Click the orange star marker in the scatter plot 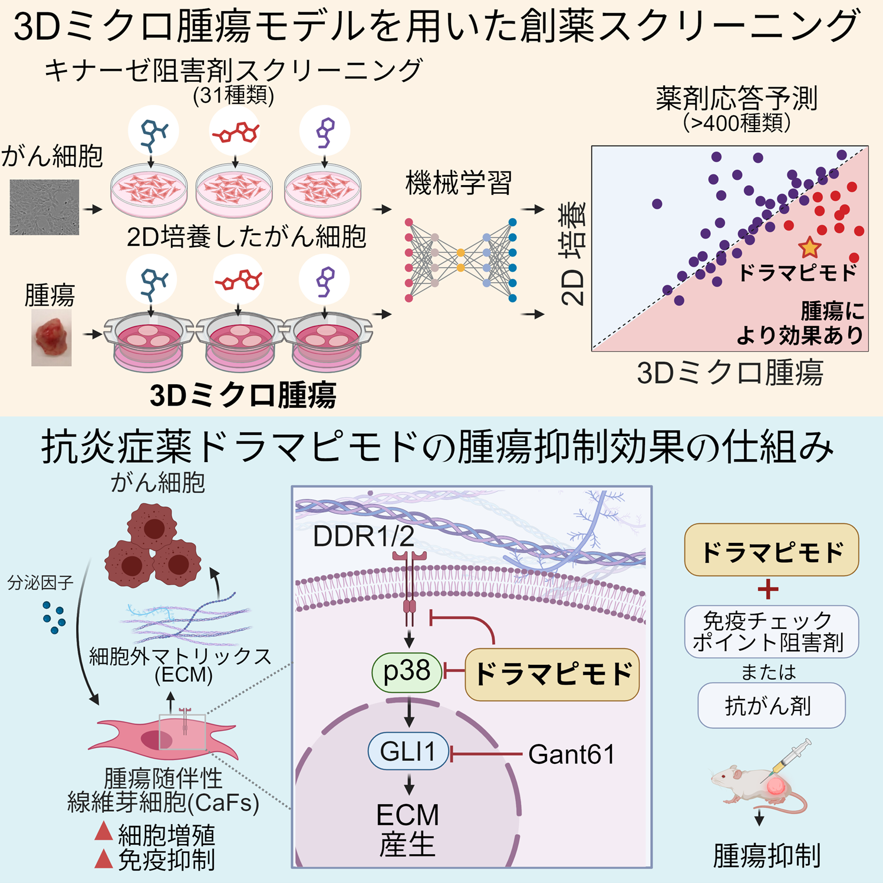[810, 248]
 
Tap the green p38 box [407, 672]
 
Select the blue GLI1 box [408, 752]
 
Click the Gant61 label [571, 754]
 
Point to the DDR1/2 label [363, 536]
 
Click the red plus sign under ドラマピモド [768, 589]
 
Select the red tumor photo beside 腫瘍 [51, 338]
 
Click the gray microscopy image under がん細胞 [44, 207]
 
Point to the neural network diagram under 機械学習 [460, 259]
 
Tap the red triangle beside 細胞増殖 [104, 832]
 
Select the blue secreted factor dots [54, 617]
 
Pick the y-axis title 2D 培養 [573, 253]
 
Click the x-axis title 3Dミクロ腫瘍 [730, 373]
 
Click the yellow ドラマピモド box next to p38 [552, 674]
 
